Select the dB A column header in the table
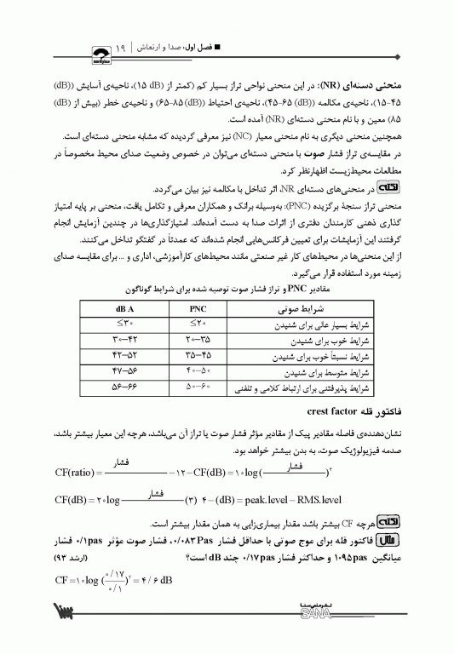[x=119, y=307]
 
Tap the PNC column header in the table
[x=199, y=307]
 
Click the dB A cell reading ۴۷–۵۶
[x=119, y=372]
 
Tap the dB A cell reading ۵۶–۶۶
[x=119, y=388]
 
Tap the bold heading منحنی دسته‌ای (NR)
[x=393, y=87]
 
